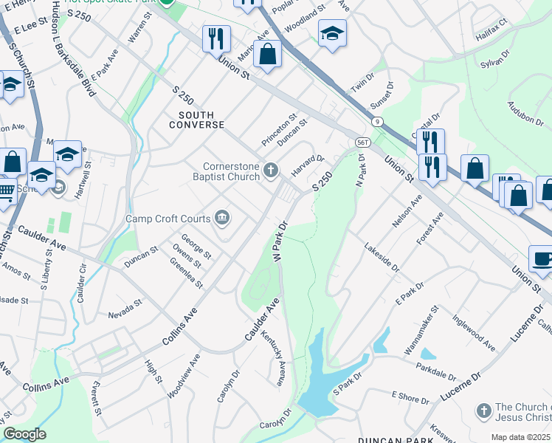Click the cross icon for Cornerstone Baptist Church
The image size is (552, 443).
pos(271,171)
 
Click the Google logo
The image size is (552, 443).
pos(24,433)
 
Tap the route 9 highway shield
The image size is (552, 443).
pos(377,120)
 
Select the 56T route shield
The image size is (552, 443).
pos(362,141)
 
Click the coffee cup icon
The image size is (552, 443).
pos(542,259)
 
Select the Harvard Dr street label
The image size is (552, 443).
pos(308,165)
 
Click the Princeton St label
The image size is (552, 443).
pos(279,129)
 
